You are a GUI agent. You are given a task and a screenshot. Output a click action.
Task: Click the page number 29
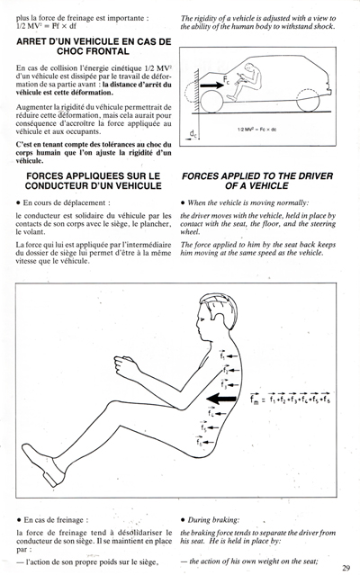point(346,568)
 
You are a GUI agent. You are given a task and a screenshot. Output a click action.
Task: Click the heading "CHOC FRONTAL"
point(93,51)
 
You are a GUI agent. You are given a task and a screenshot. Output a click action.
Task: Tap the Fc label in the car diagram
point(226,80)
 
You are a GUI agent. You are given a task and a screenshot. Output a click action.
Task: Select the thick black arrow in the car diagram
point(211,85)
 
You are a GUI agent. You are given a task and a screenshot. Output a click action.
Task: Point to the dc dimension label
point(193,135)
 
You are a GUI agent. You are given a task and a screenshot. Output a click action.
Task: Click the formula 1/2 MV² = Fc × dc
point(256,130)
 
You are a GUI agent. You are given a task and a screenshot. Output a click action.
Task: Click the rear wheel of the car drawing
point(308,100)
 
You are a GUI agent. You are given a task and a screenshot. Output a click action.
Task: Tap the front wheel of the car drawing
point(211,101)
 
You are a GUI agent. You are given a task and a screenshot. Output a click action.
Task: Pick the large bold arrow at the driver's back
point(221,399)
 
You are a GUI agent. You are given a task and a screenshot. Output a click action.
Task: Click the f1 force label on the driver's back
point(222,355)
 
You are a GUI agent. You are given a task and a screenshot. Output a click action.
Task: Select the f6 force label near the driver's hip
point(199,442)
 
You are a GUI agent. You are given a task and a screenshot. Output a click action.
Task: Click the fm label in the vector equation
point(255,399)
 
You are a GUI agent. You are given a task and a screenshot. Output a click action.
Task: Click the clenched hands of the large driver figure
point(125,366)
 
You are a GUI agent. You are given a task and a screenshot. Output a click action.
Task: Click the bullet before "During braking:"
point(183,520)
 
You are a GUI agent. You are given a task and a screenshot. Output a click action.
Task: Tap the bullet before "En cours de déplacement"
point(18,202)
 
